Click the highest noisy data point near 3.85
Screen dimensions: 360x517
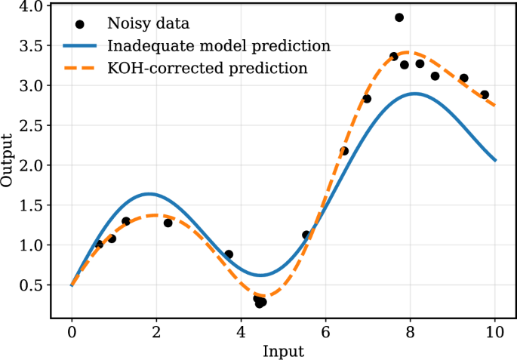click(x=399, y=17)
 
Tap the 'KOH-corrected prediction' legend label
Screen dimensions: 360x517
click(x=208, y=69)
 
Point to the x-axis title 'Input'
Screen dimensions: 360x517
click(x=283, y=351)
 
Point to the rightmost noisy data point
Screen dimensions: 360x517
click(x=485, y=95)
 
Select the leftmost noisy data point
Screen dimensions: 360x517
click(x=99, y=245)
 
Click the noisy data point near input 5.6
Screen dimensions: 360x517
click(x=306, y=235)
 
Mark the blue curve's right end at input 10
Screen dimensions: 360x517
click(x=495, y=160)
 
